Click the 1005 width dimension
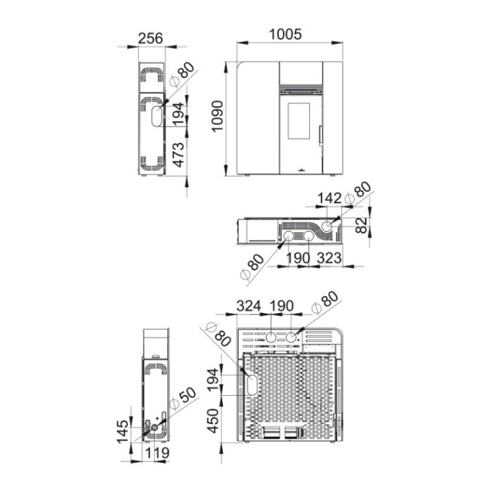(x=285, y=34)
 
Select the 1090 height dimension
(x=217, y=116)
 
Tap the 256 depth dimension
(x=150, y=38)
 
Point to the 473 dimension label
(x=178, y=155)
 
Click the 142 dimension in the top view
(x=330, y=198)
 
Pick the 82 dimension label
(x=362, y=225)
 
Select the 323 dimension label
(x=329, y=258)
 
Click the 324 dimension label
(x=249, y=306)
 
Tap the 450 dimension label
(x=213, y=420)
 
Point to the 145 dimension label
(x=123, y=431)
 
